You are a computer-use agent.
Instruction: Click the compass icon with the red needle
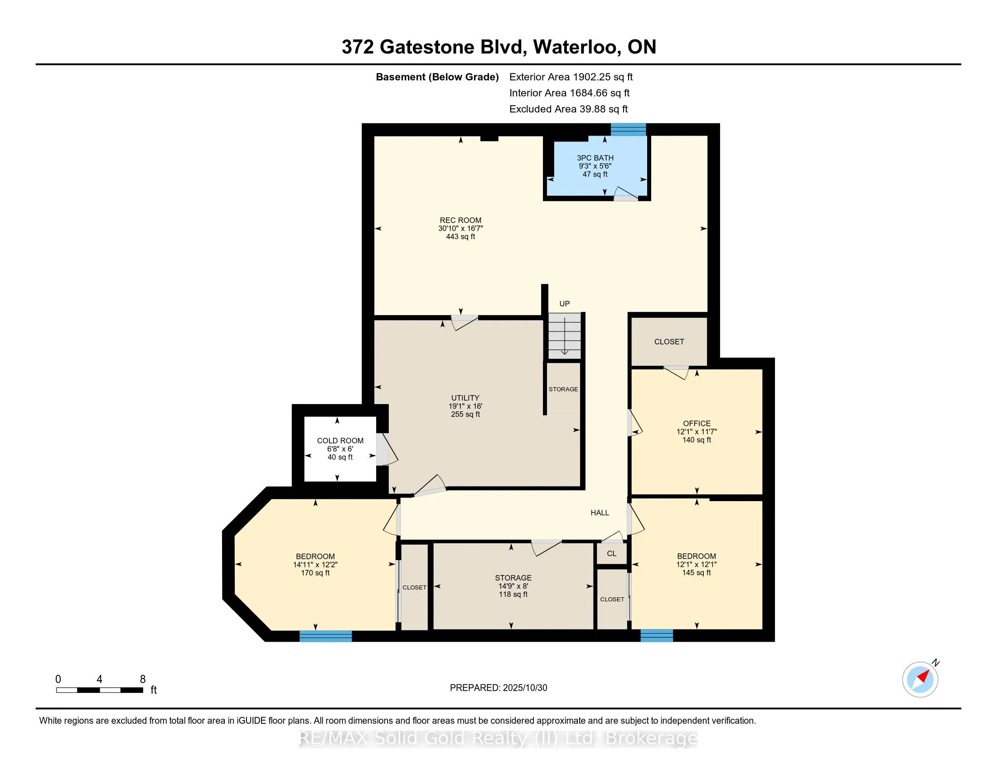[x=920, y=679]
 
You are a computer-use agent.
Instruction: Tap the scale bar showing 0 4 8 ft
[x=100, y=690]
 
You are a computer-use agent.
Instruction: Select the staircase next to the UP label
[x=565, y=336]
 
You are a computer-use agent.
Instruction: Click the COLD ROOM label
[x=340, y=441]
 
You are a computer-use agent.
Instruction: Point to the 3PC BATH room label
[x=595, y=158]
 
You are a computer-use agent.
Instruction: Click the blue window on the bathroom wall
[x=628, y=130]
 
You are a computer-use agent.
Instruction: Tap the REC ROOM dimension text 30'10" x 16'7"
[x=460, y=229]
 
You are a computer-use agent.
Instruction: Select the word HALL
[x=600, y=513]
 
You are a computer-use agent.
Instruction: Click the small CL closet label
[x=611, y=554]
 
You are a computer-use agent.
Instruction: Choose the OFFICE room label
[x=697, y=424]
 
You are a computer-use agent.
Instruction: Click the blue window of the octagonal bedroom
[x=325, y=636]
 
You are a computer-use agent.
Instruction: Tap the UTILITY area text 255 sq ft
[x=465, y=414]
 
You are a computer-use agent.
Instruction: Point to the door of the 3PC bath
[x=625, y=195]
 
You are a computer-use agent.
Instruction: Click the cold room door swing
[x=387, y=450]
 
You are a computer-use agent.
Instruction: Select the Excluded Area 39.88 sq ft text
[x=568, y=109]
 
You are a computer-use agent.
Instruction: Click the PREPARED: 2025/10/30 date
[x=498, y=688]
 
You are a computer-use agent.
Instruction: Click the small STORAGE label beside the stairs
[x=563, y=389]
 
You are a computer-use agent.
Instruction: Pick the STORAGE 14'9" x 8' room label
[x=513, y=578]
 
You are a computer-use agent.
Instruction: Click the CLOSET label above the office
[x=669, y=342]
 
